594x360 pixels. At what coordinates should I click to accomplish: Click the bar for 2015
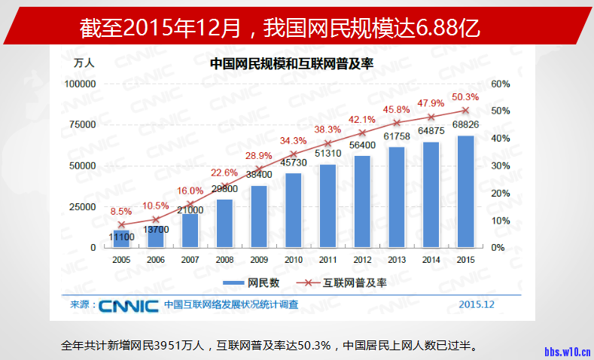click(465, 191)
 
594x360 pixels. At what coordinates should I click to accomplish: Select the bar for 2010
click(294, 210)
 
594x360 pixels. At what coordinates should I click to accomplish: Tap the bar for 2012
click(363, 201)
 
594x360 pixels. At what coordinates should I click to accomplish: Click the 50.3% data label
click(465, 96)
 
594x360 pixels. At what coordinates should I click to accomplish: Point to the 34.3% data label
click(294, 140)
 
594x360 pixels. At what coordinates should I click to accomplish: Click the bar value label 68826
click(465, 124)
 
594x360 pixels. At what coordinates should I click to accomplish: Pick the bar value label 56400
click(363, 145)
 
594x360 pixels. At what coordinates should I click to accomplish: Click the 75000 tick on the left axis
click(81, 124)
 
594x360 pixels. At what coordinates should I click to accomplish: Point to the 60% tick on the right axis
click(501, 84)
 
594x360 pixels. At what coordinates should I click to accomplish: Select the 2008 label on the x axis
click(225, 260)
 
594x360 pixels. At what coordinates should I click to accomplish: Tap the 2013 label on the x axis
click(398, 260)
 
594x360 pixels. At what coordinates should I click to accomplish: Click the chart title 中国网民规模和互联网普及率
click(292, 64)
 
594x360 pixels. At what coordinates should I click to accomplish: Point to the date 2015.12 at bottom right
click(477, 305)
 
